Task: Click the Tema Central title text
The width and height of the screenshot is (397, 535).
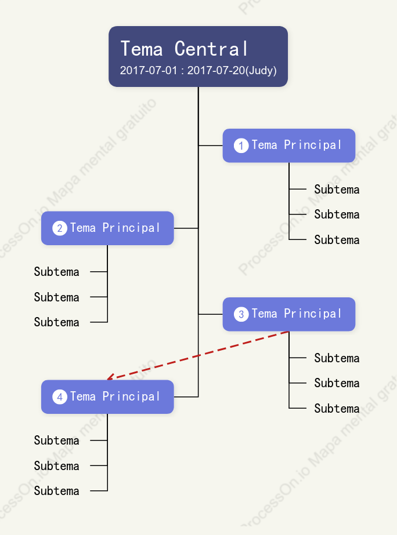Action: (x=184, y=49)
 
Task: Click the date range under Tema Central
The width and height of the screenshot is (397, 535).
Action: (x=198, y=70)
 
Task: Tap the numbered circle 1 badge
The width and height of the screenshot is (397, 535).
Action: (x=241, y=145)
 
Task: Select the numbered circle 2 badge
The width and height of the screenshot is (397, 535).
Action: (x=59, y=228)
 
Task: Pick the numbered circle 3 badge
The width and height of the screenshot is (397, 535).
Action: (x=241, y=314)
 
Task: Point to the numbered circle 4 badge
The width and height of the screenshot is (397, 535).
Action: (x=59, y=397)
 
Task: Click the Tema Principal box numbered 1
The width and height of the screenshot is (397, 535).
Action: (x=289, y=145)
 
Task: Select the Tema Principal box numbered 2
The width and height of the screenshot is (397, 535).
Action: (x=107, y=228)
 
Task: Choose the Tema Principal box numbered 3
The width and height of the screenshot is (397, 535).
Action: (x=289, y=314)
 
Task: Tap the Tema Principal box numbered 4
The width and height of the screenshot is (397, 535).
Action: (x=107, y=397)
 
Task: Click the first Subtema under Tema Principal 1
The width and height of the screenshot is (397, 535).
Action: (x=337, y=190)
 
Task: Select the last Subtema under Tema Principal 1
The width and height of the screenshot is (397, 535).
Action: (x=337, y=240)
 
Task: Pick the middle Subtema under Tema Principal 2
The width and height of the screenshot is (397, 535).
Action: (x=56, y=297)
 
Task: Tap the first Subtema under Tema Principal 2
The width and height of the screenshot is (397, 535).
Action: (x=56, y=272)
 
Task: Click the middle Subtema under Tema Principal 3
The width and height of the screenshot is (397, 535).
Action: (x=337, y=383)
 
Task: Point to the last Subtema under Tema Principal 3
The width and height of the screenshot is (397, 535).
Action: (x=337, y=409)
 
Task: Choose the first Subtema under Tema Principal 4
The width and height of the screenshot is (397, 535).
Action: (x=56, y=441)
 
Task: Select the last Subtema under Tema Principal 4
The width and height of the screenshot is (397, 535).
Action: (x=56, y=491)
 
